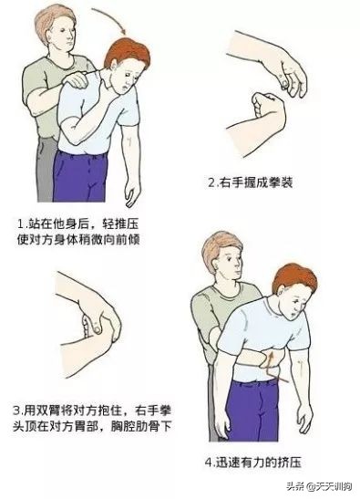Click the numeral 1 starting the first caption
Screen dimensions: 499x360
pyautogui.click(x=21, y=222)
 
